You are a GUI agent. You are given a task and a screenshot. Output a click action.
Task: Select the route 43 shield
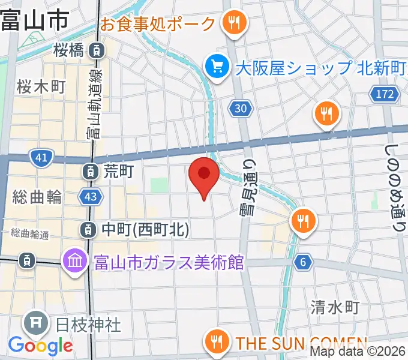91,196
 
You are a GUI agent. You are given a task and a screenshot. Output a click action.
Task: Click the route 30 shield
239,108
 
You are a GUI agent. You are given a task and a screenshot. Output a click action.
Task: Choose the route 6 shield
304,262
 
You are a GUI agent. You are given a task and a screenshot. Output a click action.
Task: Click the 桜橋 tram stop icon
95,50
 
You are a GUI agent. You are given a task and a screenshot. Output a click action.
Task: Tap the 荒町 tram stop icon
90,172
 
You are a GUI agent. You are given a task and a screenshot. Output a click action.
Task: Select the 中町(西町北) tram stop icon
88,229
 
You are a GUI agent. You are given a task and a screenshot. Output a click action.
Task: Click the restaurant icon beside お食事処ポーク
232,24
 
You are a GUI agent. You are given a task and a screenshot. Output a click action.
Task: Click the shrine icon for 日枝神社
36,324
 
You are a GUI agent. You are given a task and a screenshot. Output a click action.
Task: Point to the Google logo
40,346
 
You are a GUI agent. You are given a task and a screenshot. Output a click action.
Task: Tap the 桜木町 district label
41,87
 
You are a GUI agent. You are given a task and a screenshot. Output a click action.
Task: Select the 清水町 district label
335,308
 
